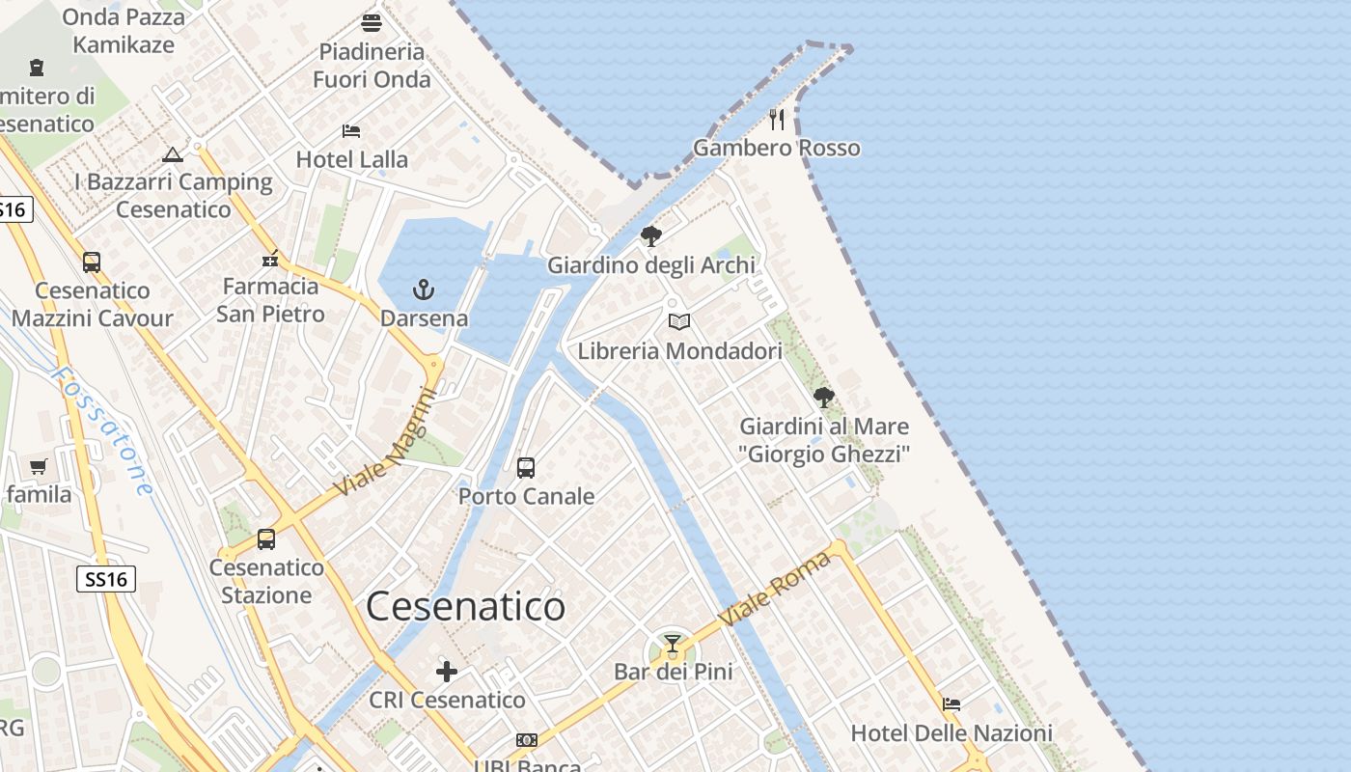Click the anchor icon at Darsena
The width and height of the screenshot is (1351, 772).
click(x=423, y=289)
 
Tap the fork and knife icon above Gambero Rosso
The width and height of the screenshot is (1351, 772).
click(x=777, y=119)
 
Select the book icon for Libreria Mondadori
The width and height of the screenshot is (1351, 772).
click(x=679, y=321)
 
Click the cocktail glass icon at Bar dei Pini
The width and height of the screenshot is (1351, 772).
click(x=673, y=644)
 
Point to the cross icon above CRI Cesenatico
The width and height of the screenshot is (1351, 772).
click(x=447, y=671)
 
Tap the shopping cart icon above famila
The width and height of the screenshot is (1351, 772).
click(x=39, y=466)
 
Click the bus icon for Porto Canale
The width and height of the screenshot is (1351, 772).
click(x=526, y=468)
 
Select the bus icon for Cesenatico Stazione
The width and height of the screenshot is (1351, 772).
click(x=266, y=538)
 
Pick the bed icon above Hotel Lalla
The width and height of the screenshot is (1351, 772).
click(x=351, y=130)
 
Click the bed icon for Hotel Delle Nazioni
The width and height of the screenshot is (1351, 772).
click(x=951, y=704)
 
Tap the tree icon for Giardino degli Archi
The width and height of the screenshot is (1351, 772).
click(x=651, y=235)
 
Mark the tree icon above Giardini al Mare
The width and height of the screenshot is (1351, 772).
click(x=824, y=397)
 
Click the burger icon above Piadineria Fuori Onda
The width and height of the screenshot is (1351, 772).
click(x=372, y=22)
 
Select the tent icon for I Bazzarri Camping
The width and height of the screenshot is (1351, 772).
click(x=173, y=154)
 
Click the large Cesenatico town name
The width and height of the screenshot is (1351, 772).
click(x=466, y=607)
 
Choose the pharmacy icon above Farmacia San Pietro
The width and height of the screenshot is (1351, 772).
click(x=270, y=259)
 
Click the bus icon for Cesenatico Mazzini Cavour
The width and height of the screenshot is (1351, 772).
click(x=92, y=262)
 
